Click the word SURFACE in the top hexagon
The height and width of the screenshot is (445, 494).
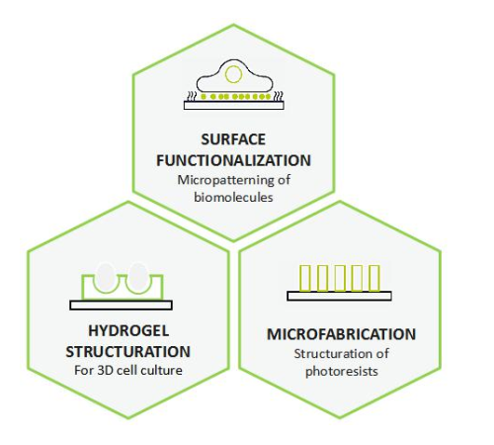click(x=233, y=139)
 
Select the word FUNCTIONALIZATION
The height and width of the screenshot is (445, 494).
click(x=233, y=160)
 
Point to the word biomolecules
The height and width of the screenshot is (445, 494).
click(x=233, y=197)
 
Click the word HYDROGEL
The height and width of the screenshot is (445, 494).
click(x=128, y=331)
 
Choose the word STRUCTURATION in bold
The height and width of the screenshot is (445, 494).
click(x=128, y=352)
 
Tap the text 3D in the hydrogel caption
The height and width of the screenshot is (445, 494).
click(x=106, y=370)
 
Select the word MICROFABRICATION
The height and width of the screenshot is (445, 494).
click(x=341, y=334)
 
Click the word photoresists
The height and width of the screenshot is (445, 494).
click(x=342, y=372)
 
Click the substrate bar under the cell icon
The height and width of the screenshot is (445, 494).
click(x=234, y=105)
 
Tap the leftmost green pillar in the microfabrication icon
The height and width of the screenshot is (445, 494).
click(x=305, y=278)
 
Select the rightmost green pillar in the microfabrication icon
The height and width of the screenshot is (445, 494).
click(x=373, y=278)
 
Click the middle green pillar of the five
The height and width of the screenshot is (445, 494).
click(x=340, y=278)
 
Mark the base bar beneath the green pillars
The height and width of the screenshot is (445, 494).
click(x=339, y=296)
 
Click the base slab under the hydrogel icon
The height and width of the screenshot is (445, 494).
click(x=121, y=306)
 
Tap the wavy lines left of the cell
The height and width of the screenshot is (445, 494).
click(x=192, y=96)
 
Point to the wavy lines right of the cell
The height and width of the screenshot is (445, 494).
click(x=278, y=96)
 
